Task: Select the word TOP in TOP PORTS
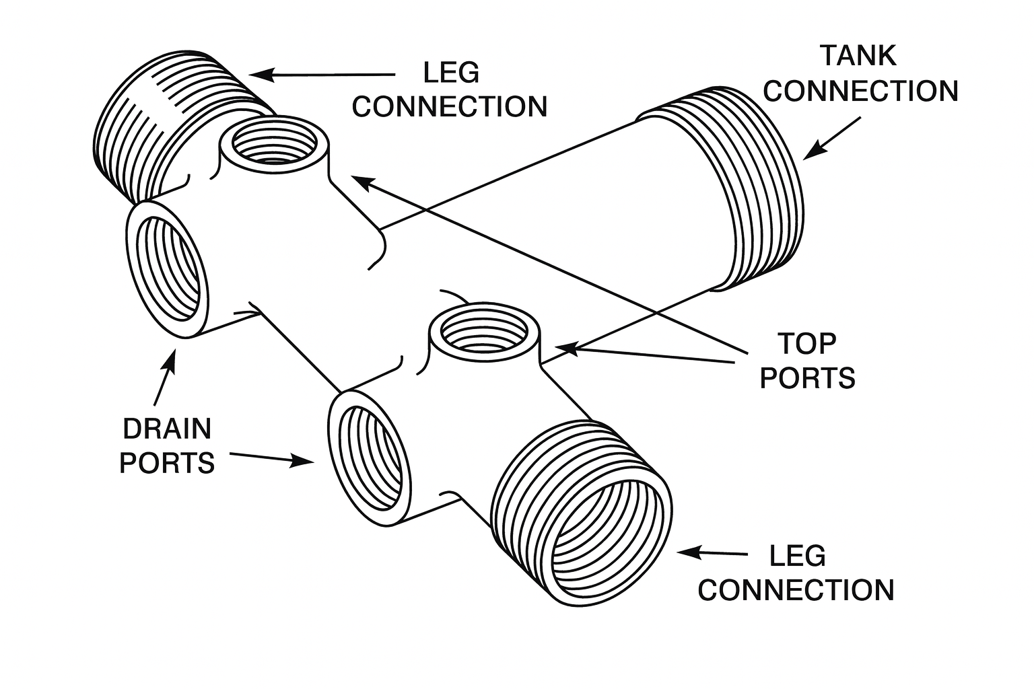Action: (806, 343)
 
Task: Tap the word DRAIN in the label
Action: (167, 429)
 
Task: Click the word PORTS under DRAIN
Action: (167, 463)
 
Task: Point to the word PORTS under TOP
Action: (807, 378)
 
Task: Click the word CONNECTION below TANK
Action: (861, 92)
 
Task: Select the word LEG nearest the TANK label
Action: (451, 72)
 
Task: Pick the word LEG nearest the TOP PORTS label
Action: (797, 556)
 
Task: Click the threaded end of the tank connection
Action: (761, 188)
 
